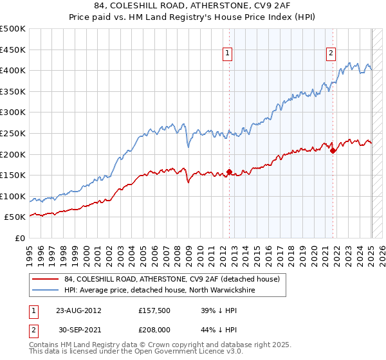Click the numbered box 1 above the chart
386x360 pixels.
228,54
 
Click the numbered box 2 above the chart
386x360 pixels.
331,54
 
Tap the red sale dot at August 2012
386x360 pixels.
230,172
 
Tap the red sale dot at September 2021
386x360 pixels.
333,151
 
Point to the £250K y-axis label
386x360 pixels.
13,133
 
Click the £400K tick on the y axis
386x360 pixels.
13,71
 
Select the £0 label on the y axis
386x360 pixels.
19,238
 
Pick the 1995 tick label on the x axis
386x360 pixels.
30,251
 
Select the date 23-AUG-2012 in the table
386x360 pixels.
78,310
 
